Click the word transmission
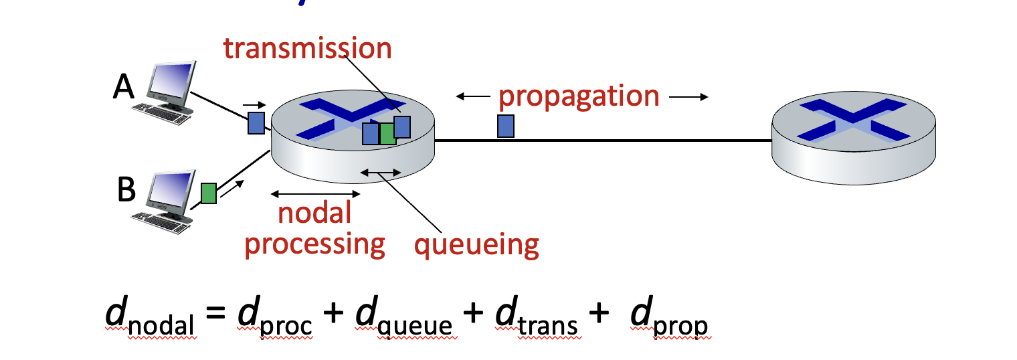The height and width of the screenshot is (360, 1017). click(307, 48)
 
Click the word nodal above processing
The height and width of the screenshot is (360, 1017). click(314, 213)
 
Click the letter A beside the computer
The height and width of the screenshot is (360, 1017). click(124, 87)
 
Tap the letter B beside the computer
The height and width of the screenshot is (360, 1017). click(126, 189)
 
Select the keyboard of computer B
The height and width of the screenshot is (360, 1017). click(161, 223)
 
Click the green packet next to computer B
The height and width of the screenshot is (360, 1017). click(208, 193)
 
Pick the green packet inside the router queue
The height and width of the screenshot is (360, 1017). click(387, 134)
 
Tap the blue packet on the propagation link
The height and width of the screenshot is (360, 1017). click(506, 126)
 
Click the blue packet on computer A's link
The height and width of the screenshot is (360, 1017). click(256, 123)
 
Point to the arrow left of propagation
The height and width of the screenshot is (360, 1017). click(473, 96)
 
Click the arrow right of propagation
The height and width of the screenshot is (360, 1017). click(688, 97)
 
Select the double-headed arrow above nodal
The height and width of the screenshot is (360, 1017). click(316, 194)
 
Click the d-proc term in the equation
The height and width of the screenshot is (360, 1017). click(275, 316)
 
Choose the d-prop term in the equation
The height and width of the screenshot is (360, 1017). click(669, 317)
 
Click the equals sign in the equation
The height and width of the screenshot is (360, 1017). click(215, 312)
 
